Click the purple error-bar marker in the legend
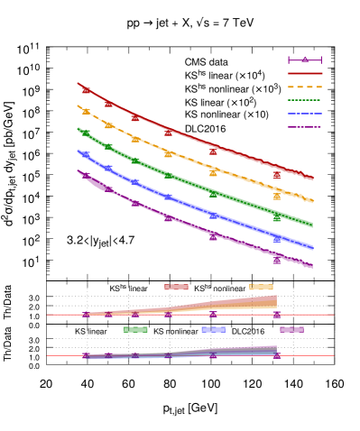[x=305, y=60]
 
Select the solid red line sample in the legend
[x=305, y=74]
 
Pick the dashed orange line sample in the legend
[x=305, y=87]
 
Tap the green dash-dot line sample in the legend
[x=305, y=100]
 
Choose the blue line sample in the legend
[x=305, y=114]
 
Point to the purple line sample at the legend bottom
[x=305, y=127]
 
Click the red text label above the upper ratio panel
[x=176, y=288]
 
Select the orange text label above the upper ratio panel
[x=261, y=288]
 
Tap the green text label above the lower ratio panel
[x=135, y=330]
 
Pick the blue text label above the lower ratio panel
[x=213, y=330]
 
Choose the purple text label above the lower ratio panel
[x=291, y=330]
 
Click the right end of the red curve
[x=311, y=179]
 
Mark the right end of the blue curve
[x=311, y=247]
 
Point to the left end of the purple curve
[x=78, y=171]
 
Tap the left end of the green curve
[x=78, y=129]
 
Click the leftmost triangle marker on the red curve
[x=87, y=90]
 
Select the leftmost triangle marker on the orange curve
[x=87, y=111]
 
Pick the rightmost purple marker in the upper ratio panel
[x=277, y=315]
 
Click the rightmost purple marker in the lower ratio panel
[x=277, y=355]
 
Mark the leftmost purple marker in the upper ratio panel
[x=87, y=315]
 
